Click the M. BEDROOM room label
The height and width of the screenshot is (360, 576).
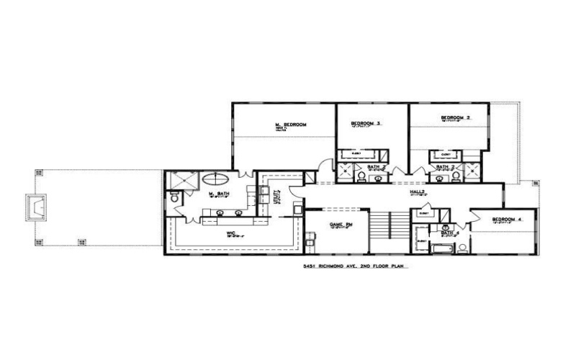[291, 125]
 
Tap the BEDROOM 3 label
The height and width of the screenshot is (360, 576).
[365, 124]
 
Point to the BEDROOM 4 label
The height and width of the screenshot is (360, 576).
[506, 219]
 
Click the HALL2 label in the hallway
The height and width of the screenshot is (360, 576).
[416, 193]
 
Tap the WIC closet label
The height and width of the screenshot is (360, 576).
[232, 233]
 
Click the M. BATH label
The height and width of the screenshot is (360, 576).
[218, 194]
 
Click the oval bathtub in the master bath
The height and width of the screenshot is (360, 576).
[218, 180]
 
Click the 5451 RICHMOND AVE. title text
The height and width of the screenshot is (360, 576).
[346, 266]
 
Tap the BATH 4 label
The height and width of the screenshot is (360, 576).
[450, 233]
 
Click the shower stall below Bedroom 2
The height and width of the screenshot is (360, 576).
[473, 170]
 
